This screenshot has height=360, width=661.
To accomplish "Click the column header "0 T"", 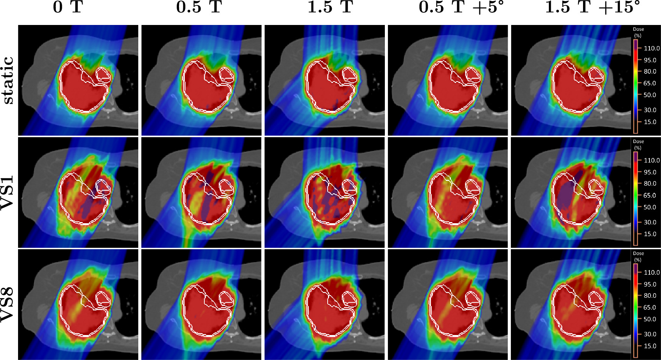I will pos(68,8).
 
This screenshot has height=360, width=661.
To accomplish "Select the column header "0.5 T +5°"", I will pos(461,8).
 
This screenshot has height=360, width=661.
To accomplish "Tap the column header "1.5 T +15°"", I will pos(592,8).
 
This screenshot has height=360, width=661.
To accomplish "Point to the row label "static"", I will pos(8,80).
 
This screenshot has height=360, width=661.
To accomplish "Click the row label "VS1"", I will pos(8,192).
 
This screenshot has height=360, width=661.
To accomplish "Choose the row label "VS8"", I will pos(8,305).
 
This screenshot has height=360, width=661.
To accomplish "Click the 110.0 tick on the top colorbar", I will pos(651,48).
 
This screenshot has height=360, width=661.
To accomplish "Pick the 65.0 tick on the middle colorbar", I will pos(649,196).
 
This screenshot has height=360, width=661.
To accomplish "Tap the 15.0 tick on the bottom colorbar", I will pos(649,346).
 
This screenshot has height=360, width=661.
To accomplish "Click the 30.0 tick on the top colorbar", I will pos(649,110).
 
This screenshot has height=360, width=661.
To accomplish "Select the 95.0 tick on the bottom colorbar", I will pos(649,284).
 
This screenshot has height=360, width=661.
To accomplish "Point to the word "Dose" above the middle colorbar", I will pos(638,141).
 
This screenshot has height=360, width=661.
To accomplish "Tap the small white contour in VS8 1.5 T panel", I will pos(349,298).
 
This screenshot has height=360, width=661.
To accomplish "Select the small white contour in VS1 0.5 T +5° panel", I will pos(472,186).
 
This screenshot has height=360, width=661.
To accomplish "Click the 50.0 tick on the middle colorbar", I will pos(649,207).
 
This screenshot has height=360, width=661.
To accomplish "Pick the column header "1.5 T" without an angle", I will pos(330,8).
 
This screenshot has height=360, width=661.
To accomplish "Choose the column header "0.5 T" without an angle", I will pos(199,8).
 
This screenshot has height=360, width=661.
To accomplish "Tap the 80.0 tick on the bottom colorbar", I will pos(649,296).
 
